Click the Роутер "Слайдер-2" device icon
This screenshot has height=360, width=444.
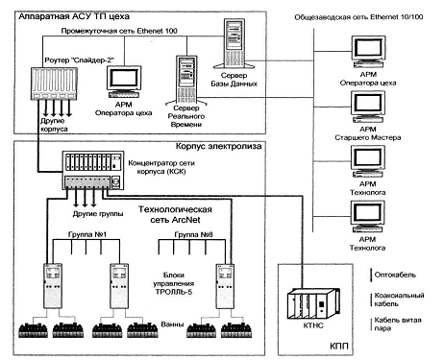[54, 84]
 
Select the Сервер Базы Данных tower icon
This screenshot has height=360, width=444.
[234, 43]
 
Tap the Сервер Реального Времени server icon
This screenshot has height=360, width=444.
[186, 80]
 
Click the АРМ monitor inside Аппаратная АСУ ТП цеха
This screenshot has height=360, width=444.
[124, 82]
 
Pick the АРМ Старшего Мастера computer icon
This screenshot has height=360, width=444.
[368, 107]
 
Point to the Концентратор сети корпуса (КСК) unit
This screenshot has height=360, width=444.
[93, 170]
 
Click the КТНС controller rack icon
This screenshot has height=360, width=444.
[312, 304]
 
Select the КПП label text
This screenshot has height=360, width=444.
[338, 346]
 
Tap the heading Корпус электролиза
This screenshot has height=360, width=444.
[218, 146]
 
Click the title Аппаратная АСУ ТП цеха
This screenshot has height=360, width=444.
[74, 16]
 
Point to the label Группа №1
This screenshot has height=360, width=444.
[87, 234]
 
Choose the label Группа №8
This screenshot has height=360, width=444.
[193, 234]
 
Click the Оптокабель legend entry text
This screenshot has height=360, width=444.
[395, 275]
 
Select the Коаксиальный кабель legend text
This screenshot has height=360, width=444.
[399, 300]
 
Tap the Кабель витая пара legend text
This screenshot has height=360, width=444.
[398, 324]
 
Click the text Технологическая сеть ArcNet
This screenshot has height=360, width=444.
[175, 214]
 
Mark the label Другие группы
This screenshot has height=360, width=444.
[98, 214]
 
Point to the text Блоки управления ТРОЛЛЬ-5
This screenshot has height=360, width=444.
[174, 283]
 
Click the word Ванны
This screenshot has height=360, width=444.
[172, 324]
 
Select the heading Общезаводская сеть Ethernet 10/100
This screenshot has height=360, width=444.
[358, 17]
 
